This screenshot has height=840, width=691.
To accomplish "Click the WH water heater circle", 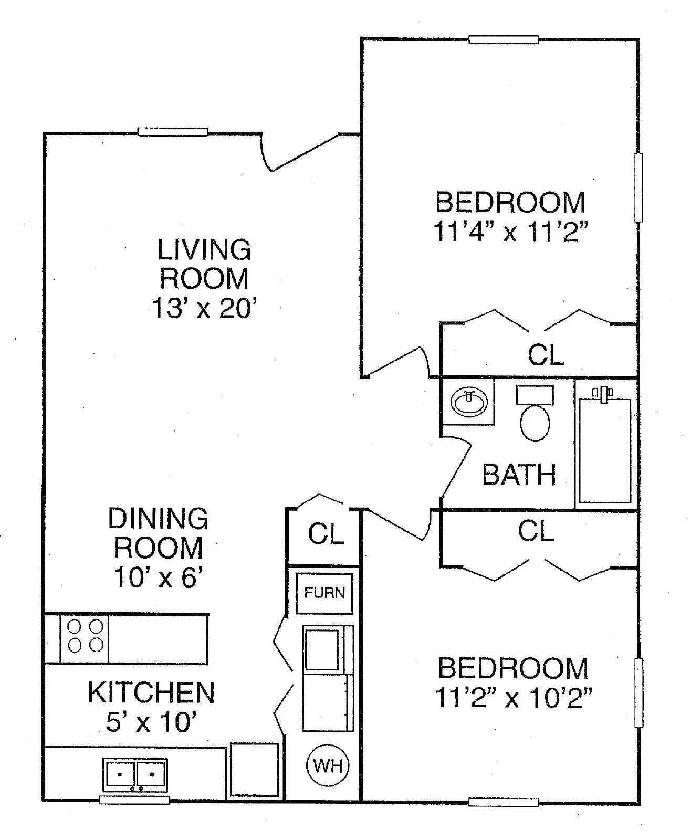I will pos(328,766).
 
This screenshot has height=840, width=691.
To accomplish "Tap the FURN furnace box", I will pos(324,593).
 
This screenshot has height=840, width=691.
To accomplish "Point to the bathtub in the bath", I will pos(605,450).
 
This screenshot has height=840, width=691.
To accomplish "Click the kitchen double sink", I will pos(135,774).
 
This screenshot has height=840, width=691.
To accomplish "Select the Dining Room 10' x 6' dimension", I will pos(158,578).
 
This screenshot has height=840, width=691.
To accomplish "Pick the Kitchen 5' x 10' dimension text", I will pos(151,722).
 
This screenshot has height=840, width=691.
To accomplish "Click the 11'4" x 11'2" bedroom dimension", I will pos(509,232).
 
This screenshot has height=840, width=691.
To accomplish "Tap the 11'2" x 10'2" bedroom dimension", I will pos(514,698).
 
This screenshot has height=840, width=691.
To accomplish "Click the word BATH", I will pos(519,475).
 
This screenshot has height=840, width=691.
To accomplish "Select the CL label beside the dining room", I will pos(326,534).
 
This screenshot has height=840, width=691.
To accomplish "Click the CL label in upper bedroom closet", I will pos(546,355).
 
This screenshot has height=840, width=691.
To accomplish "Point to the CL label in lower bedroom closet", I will pos(536,531).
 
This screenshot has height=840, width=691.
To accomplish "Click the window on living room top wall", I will pos(173,132).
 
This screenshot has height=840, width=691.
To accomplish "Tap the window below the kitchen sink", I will pos(134,800).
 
